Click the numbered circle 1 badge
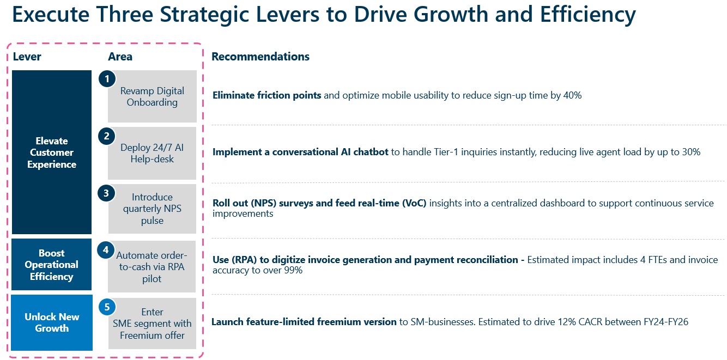tap(107, 79)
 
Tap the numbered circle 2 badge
tap(107, 136)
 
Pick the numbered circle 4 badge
tap(106, 250)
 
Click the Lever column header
tap(27, 57)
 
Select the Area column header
tap(120, 57)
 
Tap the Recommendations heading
tap(260, 57)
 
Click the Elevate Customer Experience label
tap(52, 152)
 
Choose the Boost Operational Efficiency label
tap(52, 265)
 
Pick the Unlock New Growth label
tap(52, 322)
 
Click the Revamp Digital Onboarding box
tap(152, 96)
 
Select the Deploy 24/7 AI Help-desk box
tap(152, 153)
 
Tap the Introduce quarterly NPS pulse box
tap(152, 209)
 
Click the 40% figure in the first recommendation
tap(573, 95)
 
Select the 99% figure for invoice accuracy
tap(292, 270)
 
